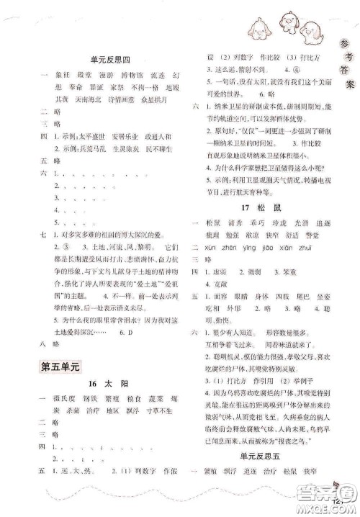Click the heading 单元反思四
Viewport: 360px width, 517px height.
110,59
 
